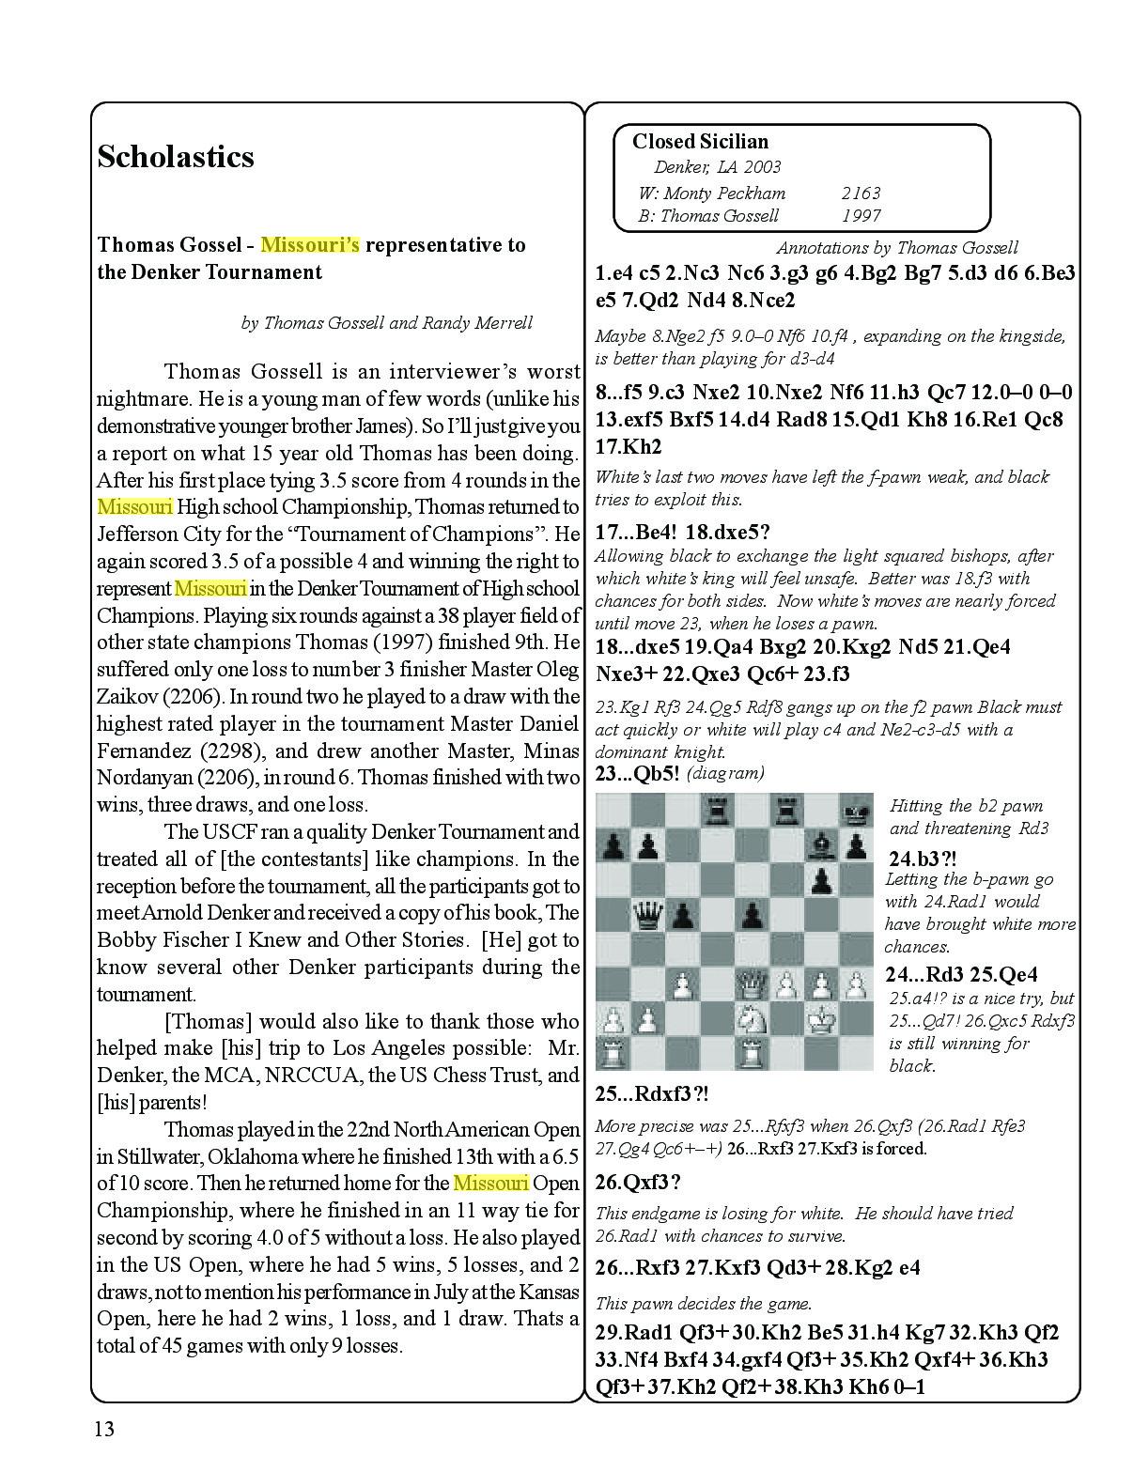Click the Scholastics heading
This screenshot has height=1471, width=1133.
pos(176,156)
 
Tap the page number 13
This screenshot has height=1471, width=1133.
pos(103,1430)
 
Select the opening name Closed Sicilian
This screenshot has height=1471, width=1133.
pos(700,142)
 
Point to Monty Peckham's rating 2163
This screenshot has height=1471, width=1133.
pos(861,194)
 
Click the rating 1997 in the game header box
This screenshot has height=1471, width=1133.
pos(861,216)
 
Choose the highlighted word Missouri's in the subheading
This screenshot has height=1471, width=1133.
pos(310,245)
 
